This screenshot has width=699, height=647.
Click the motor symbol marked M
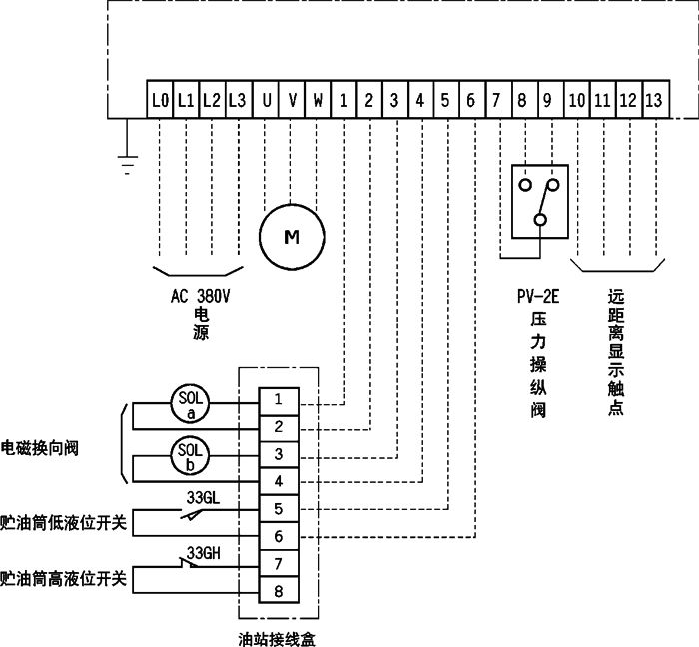(292, 236)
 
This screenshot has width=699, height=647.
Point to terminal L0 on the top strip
(160, 100)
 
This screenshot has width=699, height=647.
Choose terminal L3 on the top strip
(237, 100)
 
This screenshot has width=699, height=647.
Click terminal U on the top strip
(266, 100)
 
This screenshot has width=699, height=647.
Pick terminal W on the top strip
(318, 100)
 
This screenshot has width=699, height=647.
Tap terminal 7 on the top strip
(496, 100)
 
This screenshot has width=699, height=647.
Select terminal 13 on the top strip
(653, 100)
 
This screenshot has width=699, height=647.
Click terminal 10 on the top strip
(576, 100)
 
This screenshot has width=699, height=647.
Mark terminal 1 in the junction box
(280, 400)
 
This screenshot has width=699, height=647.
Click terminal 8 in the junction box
(280, 591)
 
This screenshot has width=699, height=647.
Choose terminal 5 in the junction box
(280, 509)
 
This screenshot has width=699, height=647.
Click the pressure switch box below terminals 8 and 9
(539, 201)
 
